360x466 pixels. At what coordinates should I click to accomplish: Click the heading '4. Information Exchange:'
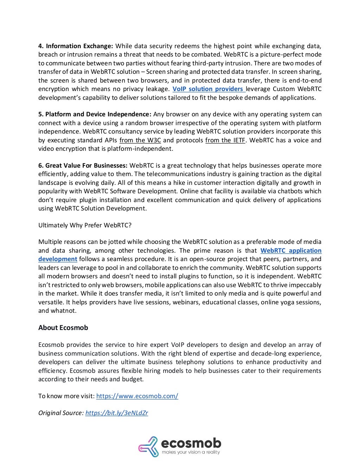76,46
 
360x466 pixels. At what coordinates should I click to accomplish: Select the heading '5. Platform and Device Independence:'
95,114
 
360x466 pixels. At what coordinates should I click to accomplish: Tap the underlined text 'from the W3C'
140,140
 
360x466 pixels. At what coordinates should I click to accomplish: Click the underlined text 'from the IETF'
225,140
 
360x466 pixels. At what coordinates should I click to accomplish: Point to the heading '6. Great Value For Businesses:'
83,166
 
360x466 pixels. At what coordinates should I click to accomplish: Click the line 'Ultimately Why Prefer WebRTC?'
85,225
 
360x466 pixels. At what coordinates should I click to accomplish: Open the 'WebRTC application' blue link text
291,251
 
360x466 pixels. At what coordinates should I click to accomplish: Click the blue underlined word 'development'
58,259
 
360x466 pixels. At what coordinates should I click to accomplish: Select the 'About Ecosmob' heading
63,328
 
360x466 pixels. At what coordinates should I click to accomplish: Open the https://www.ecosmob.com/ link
137,396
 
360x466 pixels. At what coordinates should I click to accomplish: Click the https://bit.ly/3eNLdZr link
116,413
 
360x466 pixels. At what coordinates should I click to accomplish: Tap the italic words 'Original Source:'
61,413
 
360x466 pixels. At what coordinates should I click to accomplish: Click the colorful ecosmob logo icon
148,446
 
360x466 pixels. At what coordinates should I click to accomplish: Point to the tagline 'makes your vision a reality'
191,452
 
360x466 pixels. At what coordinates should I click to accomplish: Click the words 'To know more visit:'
66,396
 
